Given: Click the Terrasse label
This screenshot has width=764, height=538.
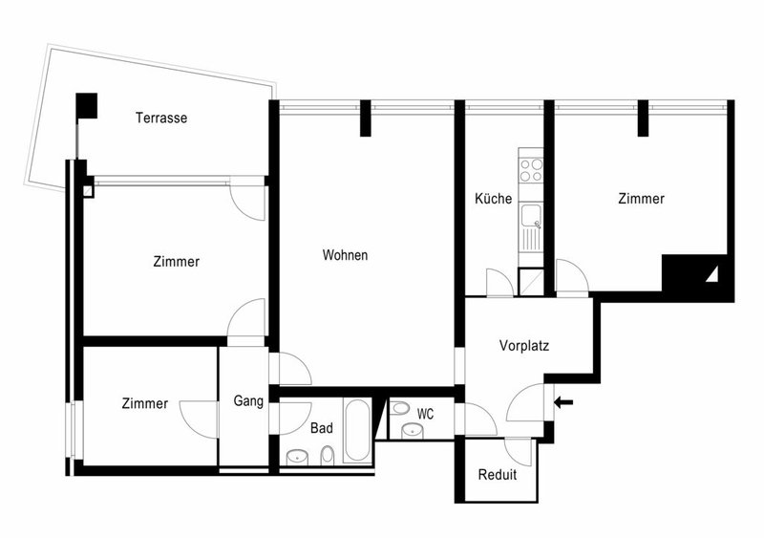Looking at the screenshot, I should (x=160, y=118).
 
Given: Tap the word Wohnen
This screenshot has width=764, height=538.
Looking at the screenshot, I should (x=345, y=255).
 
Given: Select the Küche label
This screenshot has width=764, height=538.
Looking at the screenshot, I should (x=494, y=199).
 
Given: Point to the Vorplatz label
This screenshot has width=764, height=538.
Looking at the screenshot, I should (x=523, y=346).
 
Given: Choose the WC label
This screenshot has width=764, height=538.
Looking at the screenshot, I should (x=426, y=414).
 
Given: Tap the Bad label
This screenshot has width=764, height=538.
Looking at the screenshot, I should (x=322, y=428).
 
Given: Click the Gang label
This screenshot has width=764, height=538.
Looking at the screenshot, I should (x=248, y=401).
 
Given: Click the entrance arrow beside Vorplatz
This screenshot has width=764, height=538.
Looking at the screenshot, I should (x=564, y=402).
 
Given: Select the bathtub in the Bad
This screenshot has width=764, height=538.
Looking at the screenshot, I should (x=357, y=431).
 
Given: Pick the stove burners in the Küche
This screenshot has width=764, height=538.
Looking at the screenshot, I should (x=530, y=170).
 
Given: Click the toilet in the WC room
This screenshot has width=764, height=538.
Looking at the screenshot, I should (x=400, y=409).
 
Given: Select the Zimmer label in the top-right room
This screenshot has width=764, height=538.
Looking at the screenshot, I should (x=641, y=199).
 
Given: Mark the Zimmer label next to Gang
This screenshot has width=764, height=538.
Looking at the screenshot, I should (x=145, y=404).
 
